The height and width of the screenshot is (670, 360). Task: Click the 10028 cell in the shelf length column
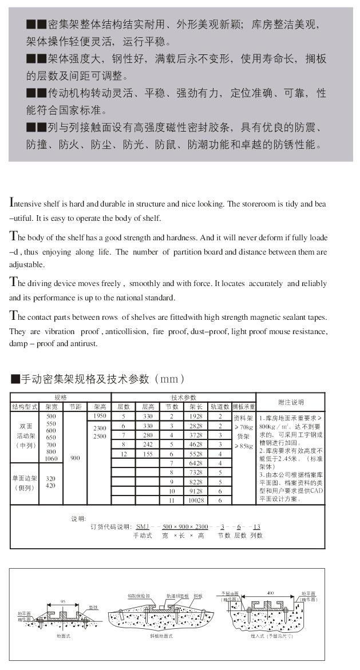(196, 501)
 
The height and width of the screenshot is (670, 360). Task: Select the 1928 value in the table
(196, 417)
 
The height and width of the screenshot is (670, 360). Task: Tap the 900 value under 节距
(75, 458)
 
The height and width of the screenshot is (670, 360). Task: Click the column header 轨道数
(220, 407)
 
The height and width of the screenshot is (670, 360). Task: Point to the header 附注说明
(290, 402)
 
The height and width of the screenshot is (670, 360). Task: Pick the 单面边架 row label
(25, 482)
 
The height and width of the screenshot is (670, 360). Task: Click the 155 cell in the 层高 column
(148, 453)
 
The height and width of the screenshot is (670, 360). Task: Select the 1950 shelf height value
(100, 416)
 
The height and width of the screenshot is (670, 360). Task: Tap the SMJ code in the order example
(142, 526)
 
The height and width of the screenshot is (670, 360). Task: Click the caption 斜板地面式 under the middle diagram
(161, 636)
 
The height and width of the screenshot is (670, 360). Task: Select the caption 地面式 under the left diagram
(63, 636)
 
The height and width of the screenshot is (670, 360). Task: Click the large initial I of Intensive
(12, 203)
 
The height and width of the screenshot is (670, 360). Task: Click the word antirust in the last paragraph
(84, 344)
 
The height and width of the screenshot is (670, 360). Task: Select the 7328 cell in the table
(196, 473)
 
